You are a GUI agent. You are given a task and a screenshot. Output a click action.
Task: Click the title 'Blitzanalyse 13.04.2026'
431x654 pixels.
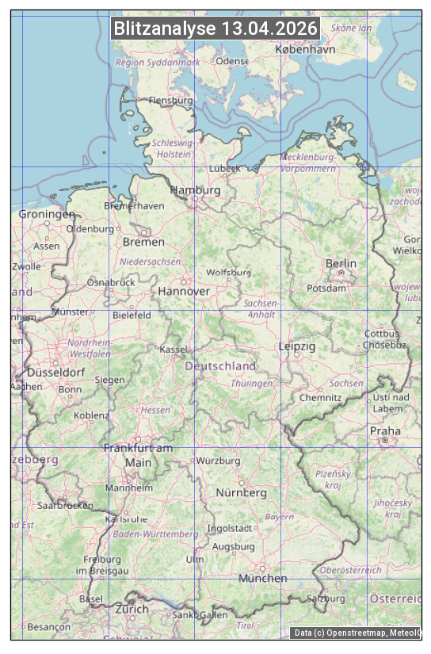215,29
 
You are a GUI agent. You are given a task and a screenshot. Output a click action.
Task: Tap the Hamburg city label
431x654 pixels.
196,190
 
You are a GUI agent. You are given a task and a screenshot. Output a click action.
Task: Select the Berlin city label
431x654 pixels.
341,263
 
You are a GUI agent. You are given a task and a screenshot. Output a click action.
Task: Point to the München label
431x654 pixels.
263,578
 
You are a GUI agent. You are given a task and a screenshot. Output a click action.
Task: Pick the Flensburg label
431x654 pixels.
171,101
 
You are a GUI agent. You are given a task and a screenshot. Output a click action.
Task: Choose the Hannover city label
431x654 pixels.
184,291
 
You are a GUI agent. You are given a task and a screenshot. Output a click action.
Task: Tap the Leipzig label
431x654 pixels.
297,346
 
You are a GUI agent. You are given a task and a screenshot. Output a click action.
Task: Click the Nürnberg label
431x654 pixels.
242,492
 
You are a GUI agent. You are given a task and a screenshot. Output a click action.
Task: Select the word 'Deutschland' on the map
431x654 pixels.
220,365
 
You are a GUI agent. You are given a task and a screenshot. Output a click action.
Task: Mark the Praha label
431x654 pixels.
385,431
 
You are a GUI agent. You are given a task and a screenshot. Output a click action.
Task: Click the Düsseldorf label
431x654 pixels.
56,372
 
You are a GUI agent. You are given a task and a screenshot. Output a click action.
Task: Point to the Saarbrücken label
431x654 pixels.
65,505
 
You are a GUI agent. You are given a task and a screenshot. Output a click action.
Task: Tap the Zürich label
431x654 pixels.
132,609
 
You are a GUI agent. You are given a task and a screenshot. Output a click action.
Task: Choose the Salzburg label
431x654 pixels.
326,599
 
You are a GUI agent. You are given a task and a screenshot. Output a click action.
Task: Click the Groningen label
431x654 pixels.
47,214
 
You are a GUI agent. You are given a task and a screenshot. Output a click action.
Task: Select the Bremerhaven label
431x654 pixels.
134,205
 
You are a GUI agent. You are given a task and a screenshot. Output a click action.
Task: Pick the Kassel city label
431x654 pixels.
174,349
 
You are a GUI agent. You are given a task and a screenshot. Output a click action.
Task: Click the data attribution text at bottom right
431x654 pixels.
357,633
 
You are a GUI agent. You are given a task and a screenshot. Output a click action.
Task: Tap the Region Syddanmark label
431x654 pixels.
158,62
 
